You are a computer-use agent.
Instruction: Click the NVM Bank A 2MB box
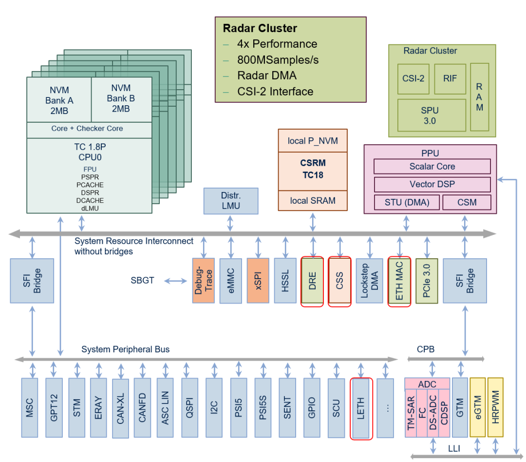[x=59, y=100]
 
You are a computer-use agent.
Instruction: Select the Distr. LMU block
[x=230, y=201]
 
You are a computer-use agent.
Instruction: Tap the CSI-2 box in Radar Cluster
[x=413, y=78]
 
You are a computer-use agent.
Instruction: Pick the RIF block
[x=450, y=78]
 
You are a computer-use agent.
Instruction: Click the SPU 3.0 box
[x=430, y=115]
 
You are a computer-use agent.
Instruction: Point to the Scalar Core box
[x=432, y=167]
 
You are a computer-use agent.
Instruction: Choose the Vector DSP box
[x=432, y=185]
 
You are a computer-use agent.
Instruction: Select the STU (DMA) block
[x=407, y=202]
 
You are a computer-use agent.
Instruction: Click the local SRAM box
[x=313, y=200]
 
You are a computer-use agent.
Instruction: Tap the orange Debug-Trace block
[x=203, y=281]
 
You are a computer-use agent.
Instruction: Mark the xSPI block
[x=258, y=281]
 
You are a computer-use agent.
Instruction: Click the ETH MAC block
[x=399, y=281]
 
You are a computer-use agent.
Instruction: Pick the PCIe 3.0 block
[x=427, y=281]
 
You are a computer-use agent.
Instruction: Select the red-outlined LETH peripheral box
[x=361, y=408]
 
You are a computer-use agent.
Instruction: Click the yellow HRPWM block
[x=495, y=407]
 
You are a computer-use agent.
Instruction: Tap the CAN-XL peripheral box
[x=120, y=407]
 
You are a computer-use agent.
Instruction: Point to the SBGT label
[x=143, y=281]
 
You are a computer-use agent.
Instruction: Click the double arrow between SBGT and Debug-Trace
[x=176, y=281]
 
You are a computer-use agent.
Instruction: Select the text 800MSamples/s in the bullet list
[x=278, y=60]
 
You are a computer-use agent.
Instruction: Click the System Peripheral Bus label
[x=125, y=349]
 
